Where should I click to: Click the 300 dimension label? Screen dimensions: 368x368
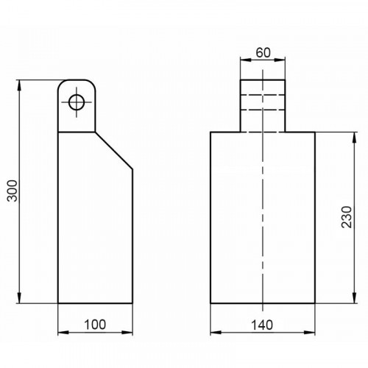pos(12,191)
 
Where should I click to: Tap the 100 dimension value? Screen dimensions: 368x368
pos(95,325)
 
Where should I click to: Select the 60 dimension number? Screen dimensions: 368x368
pos(263,53)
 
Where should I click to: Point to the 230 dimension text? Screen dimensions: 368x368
pos(347,217)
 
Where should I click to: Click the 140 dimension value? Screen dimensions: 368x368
pos(262,325)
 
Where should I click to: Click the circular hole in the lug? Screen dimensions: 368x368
pos(77,102)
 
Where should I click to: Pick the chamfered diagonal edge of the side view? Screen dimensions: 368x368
pos(114,150)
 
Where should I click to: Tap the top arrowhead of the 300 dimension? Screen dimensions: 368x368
pos(19,85)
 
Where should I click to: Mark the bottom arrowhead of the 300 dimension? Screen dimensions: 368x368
pos(19,297)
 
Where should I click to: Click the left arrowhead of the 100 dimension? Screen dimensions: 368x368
pos(63,333)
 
